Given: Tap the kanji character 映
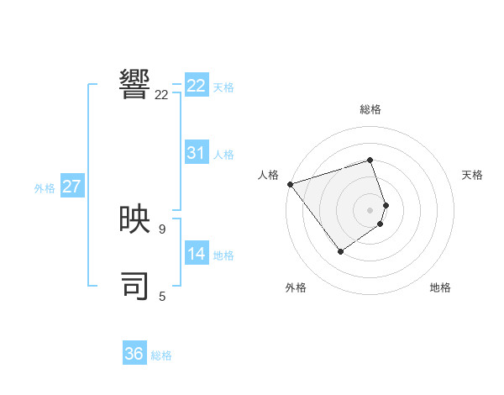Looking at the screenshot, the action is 135,220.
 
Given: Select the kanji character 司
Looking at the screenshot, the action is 135,285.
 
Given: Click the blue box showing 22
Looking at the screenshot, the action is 197,86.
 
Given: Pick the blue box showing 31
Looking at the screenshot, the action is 197,153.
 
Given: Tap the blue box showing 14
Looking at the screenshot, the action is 197,254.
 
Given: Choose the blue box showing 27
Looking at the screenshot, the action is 71,187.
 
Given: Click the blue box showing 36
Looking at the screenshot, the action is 134,354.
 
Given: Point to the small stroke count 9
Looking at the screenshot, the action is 162,229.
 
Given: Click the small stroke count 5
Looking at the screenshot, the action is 162,296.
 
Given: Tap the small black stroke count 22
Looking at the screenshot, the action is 161,95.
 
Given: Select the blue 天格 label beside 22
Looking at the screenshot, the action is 223,87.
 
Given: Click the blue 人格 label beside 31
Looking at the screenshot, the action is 223,155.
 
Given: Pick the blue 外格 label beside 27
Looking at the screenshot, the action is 45,188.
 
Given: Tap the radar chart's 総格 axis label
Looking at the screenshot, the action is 370,109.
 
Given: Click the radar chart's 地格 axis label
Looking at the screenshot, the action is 440,287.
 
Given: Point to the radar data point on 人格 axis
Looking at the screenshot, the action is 290,183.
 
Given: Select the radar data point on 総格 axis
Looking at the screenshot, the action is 370,160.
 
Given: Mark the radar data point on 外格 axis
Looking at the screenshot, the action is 340,250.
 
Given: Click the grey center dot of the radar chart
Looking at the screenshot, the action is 370,209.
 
